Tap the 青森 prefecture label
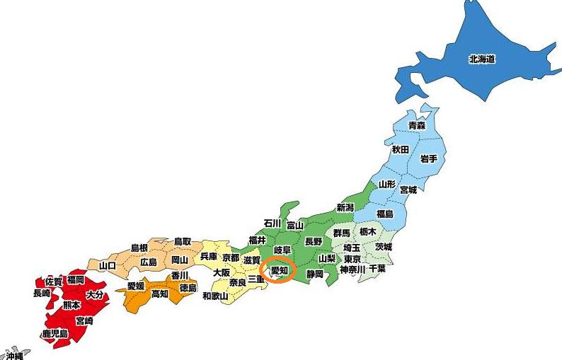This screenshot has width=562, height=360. click(417, 125)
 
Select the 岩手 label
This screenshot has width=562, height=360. click(429, 158)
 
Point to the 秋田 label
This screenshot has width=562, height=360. click(401, 150)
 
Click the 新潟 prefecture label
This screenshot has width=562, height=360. click(345, 207)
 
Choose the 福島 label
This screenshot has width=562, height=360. click(384, 214)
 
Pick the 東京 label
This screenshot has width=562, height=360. click(352, 259)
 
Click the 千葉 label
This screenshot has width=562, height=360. click(377, 269)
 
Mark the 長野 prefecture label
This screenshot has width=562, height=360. click(314, 241)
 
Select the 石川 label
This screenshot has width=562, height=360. click(273, 223)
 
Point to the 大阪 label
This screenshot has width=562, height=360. click(222, 272)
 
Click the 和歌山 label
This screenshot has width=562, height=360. click(215, 296)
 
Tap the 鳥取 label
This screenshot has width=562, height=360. click(182, 241)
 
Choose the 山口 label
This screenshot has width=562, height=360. click(108, 265)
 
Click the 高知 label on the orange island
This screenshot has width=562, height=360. click(160, 294)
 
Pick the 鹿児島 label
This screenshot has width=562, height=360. click(55, 333)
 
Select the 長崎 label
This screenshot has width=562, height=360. click(42, 293)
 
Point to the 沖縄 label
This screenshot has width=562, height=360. click(14, 356)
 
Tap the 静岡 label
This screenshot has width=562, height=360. click(314, 273)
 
